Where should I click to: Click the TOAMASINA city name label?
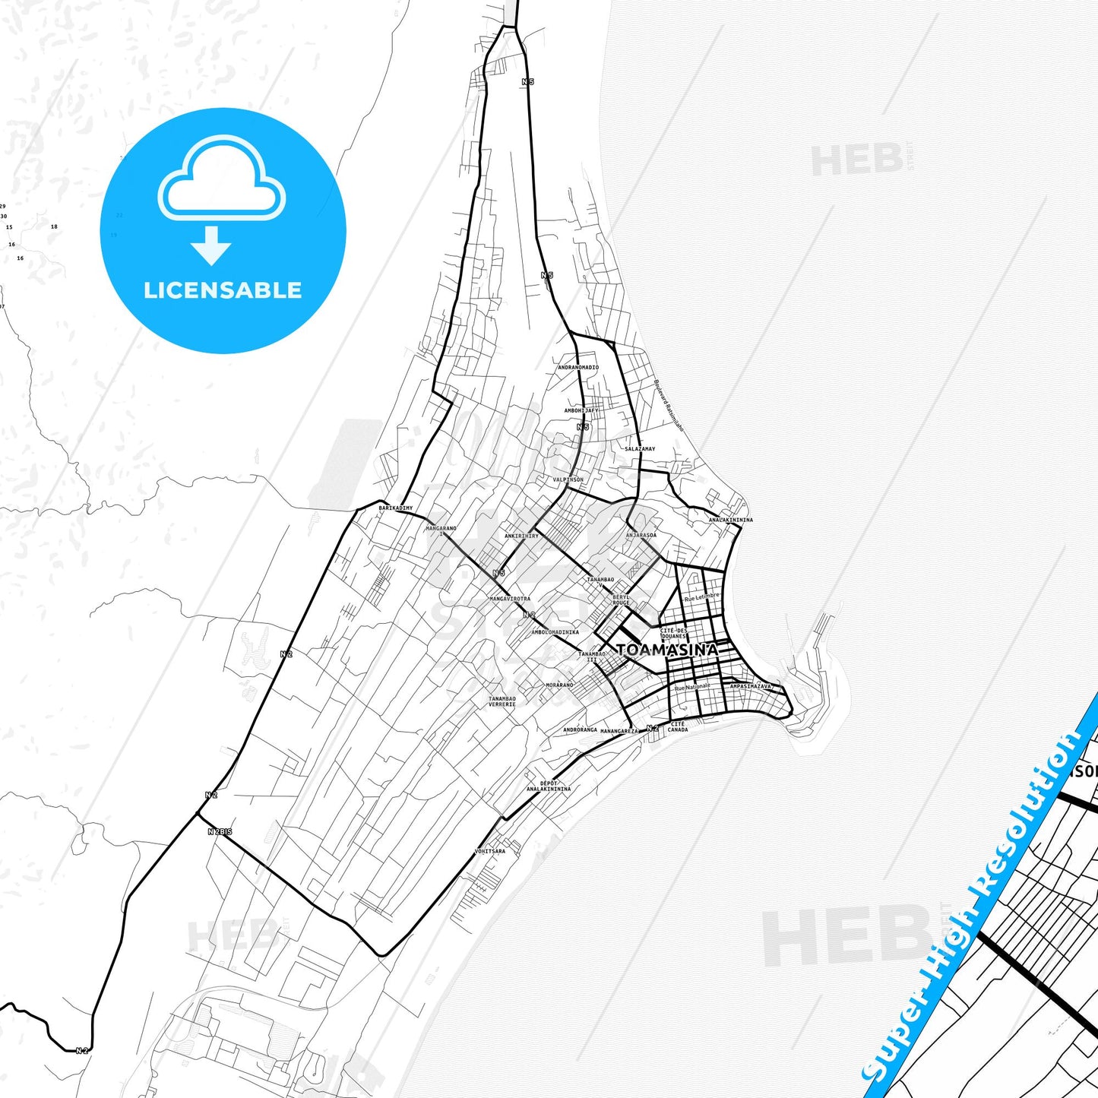(x=666, y=650)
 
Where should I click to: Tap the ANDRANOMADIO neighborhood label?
(x=578, y=367)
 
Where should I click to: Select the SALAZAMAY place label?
(x=639, y=449)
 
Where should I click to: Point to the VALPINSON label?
(x=568, y=479)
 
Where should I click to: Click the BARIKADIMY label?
(x=396, y=508)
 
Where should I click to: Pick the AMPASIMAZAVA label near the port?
(x=750, y=686)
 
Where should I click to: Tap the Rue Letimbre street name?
(x=701, y=597)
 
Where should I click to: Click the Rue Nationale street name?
(x=692, y=687)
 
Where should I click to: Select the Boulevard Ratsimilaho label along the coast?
(x=669, y=406)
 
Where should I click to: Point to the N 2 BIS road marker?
(x=220, y=832)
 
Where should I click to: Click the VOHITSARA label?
(x=489, y=851)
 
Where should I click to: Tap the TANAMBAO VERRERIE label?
(x=502, y=701)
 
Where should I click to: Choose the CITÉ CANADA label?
(x=678, y=726)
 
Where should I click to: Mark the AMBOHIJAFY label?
(x=581, y=410)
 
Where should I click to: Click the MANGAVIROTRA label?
(x=510, y=599)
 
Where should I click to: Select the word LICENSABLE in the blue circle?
(x=223, y=290)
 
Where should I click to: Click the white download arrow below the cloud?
(x=211, y=245)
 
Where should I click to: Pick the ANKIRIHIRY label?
(x=521, y=536)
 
